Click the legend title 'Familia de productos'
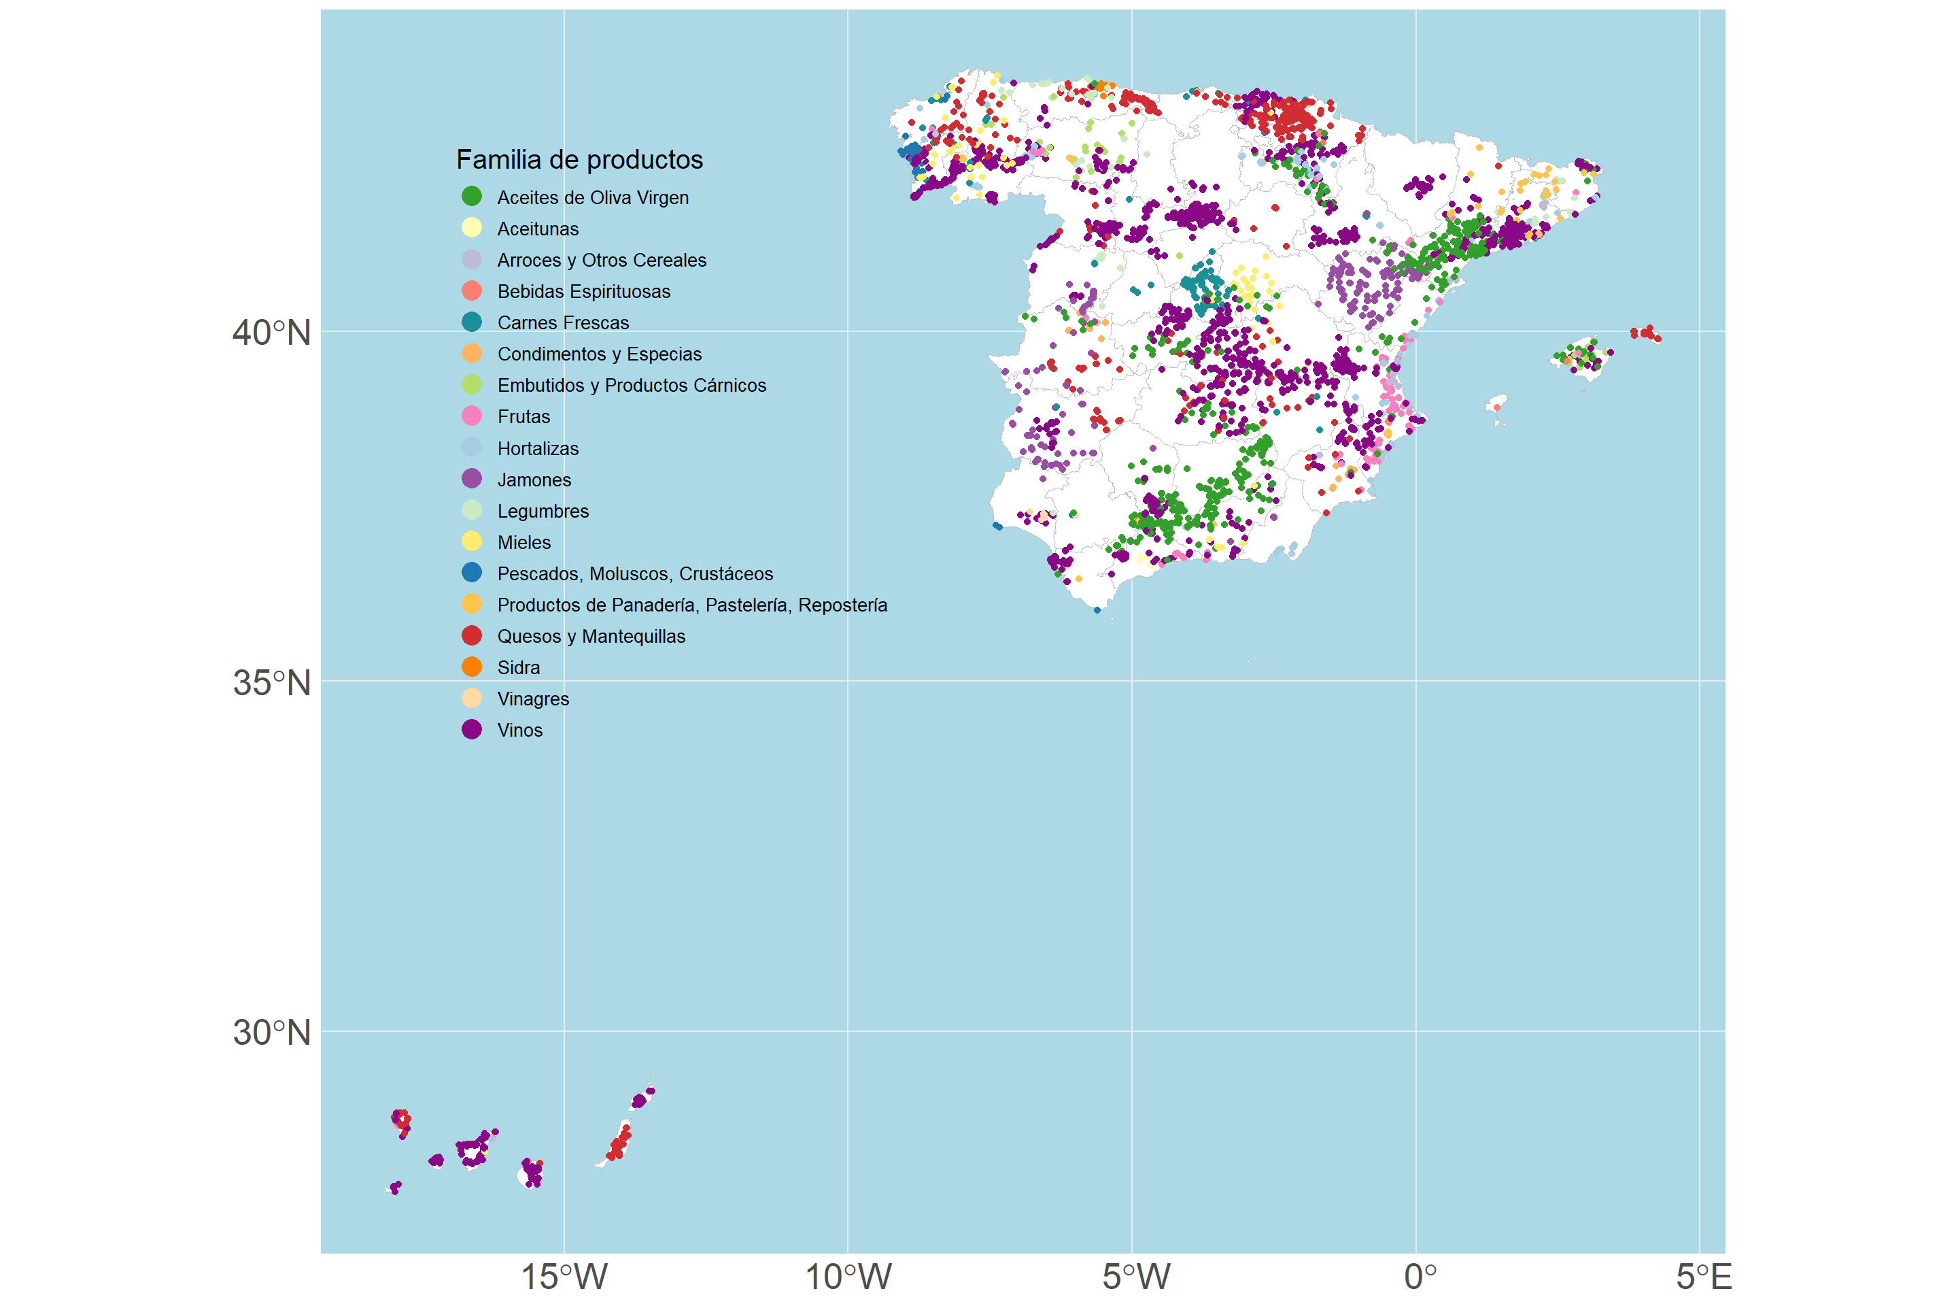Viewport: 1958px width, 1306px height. tap(579, 159)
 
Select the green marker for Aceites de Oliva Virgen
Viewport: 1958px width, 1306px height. tap(472, 197)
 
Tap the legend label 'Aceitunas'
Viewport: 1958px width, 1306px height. tap(538, 229)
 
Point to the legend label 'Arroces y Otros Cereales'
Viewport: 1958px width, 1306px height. tap(602, 260)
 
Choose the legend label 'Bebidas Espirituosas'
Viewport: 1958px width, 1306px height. tap(583, 292)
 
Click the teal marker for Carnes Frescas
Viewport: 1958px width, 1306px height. tap(472, 322)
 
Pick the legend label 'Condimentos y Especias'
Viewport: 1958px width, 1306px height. tap(600, 354)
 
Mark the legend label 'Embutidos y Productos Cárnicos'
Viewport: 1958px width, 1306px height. tap(632, 386)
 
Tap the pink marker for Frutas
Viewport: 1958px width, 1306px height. tap(472, 416)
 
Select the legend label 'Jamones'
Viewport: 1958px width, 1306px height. tap(534, 480)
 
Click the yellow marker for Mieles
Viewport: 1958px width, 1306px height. tap(472, 542)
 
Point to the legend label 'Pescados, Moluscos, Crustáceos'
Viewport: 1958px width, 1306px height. tap(635, 574)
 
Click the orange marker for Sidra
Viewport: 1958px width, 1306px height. tap(472, 667)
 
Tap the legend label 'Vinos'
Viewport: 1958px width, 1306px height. tap(519, 731)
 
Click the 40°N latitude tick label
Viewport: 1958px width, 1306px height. tap(271, 333)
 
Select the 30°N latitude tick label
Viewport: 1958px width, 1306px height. tap(271, 1033)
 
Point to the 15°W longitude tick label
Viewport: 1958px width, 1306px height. tap(564, 1277)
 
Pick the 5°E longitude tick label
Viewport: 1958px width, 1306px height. tap(1703, 1277)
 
